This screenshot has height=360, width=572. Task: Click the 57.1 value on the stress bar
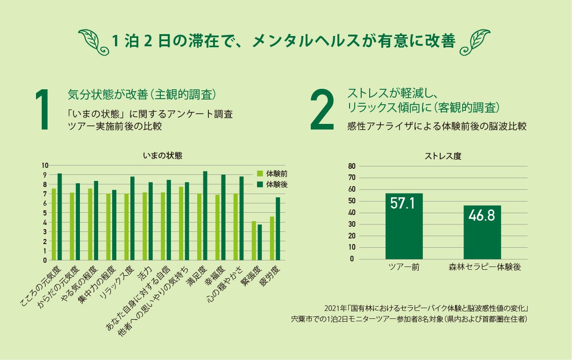(x=404, y=205)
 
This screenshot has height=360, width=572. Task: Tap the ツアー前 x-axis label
(x=404, y=267)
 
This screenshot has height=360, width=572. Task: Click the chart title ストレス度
(x=443, y=156)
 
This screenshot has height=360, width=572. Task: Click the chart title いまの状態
(x=163, y=156)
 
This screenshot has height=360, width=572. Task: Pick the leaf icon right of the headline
(x=475, y=40)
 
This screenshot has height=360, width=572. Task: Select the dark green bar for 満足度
(x=205, y=216)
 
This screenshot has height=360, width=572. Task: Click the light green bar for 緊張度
(x=254, y=240)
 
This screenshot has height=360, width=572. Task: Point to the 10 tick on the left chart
(x=45, y=165)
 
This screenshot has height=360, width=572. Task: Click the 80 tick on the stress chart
(x=352, y=166)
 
